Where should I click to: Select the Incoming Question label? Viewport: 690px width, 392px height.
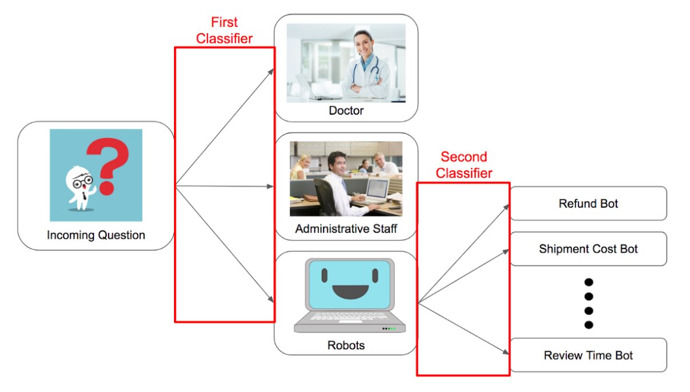point(96,236)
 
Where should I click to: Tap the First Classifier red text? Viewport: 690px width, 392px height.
point(224,30)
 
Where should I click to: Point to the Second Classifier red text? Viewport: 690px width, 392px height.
point(464,165)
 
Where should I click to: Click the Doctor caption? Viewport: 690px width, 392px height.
point(346,110)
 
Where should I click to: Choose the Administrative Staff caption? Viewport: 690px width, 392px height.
point(346,229)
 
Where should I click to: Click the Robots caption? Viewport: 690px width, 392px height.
point(346,345)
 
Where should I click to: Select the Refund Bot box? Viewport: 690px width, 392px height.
point(588,204)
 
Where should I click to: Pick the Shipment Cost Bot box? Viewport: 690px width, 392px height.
point(588,249)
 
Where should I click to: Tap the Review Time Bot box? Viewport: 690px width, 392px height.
point(588,355)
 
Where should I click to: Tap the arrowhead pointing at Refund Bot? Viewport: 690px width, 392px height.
point(506,206)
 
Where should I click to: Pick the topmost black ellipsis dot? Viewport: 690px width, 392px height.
point(588,282)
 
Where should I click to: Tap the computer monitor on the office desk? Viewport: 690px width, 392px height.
point(377,189)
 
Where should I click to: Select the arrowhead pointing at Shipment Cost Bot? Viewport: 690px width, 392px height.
point(506,251)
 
